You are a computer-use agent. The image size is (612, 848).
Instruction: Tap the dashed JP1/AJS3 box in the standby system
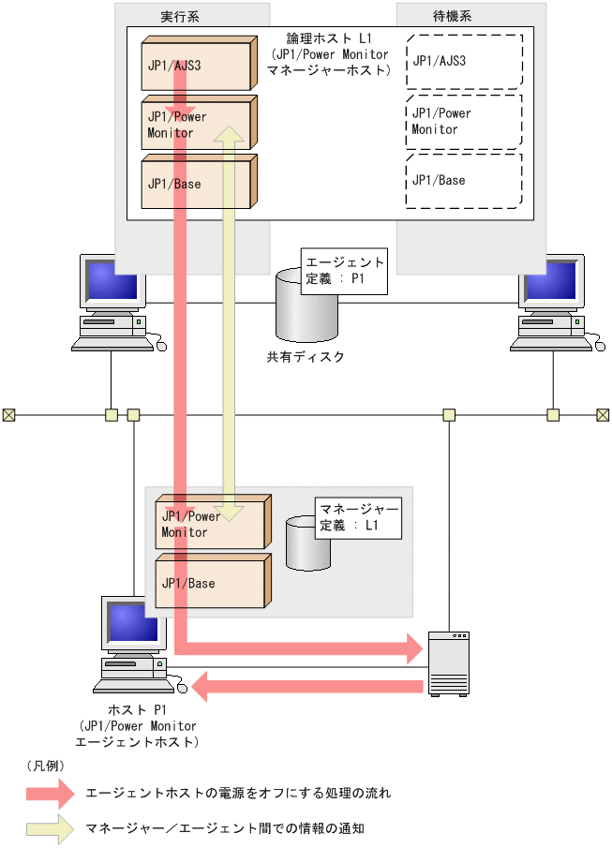[463, 62]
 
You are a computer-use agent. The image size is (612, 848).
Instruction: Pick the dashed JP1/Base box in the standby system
[463, 181]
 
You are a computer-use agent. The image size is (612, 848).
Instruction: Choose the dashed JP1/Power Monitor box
[463, 122]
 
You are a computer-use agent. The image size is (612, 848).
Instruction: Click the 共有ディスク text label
[306, 357]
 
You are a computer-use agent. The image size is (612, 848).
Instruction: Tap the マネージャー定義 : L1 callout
[360, 517]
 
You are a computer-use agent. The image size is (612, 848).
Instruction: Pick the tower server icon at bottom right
[448, 662]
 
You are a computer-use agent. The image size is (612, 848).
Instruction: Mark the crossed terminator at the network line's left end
[8, 414]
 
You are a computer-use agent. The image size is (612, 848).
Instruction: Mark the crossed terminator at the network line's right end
[604, 414]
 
